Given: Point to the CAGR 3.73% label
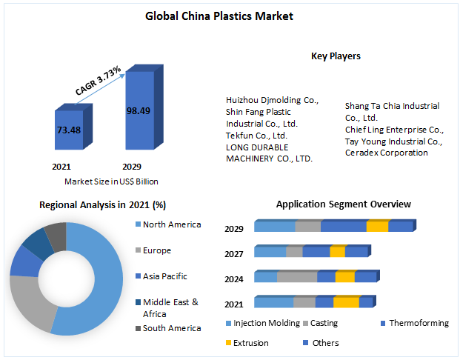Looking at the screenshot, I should point(99,80).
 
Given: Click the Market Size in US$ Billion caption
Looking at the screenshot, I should point(111,181).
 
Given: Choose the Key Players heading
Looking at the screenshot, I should point(336,56).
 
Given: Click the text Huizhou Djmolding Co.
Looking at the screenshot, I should point(272,99).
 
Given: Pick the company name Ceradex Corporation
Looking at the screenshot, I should point(386,153).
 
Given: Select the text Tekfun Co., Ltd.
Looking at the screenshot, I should point(256,135).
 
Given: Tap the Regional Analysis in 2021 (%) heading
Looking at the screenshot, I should point(102,204).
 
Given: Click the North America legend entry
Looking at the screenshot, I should point(171,224).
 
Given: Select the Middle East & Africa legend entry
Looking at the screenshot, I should point(170,307).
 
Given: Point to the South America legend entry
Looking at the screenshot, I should point(171,328).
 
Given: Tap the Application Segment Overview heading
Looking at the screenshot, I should point(343,204).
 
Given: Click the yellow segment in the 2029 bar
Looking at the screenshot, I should point(377,227).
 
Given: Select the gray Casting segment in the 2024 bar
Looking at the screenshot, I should point(297,277).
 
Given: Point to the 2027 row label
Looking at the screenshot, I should point(235,253).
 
